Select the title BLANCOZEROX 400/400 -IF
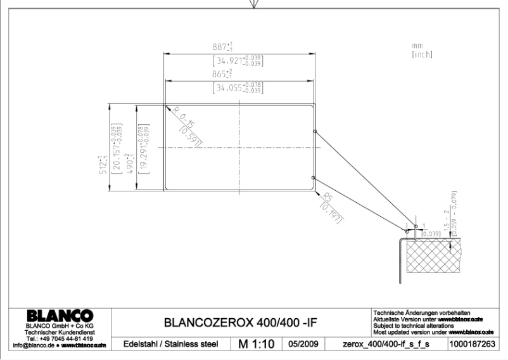[x=240, y=323]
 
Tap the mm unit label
[x=416, y=46]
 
